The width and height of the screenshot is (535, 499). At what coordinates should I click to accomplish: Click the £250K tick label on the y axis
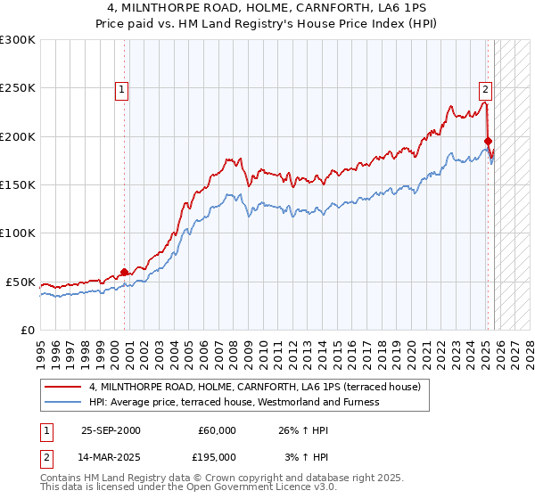(x=17, y=88)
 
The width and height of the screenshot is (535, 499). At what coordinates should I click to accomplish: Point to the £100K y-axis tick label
(x=17, y=233)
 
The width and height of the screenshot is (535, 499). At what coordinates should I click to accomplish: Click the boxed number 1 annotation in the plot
(x=120, y=88)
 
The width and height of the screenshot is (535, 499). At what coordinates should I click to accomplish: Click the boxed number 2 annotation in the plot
(x=485, y=88)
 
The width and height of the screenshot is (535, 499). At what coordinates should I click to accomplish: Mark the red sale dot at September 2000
(x=125, y=272)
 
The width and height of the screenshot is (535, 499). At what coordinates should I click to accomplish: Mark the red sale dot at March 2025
(x=488, y=141)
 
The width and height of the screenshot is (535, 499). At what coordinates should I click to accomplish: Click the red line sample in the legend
(x=63, y=387)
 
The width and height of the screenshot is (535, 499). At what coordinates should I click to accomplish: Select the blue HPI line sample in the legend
(x=63, y=402)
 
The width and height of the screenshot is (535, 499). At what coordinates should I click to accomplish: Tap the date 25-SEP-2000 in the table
(x=111, y=430)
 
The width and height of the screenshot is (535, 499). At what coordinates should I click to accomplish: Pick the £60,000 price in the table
(x=217, y=430)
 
